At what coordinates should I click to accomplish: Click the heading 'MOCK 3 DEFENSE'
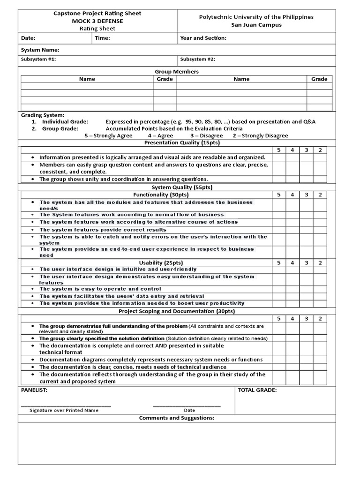click(97, 21)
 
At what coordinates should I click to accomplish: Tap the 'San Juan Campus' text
click(256, 25)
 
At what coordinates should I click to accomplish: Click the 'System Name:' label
click(40, 50)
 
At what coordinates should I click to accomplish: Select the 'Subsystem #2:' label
click(197, 60)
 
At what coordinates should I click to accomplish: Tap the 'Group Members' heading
click(177, 72)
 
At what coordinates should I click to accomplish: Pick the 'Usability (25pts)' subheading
click(157, 262)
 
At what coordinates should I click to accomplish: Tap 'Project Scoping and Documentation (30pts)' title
click(177, 311)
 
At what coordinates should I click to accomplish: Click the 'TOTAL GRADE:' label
click(257, 390)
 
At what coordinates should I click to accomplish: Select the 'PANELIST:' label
click(34, 390)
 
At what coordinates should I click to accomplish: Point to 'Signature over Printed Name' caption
click(64, 410)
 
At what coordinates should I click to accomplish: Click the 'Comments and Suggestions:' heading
click(177, 418)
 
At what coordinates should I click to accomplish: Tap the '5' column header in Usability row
click(278, 263)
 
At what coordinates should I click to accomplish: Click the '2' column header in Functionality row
click(320, 195)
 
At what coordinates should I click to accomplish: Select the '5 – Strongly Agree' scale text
click(108, 135)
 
